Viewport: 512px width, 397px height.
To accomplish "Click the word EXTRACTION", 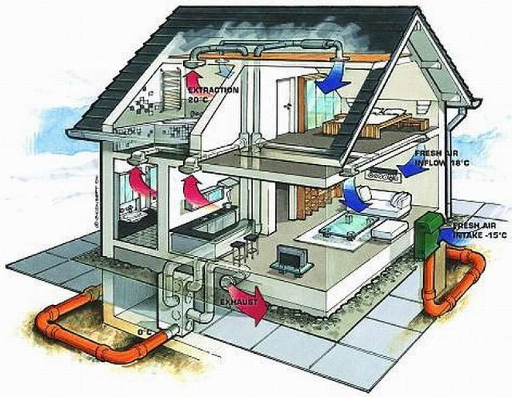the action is click(x=213, y=90).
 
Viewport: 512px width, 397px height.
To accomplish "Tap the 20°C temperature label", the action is click(x=198, y=99).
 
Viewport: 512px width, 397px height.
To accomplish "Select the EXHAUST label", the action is click(x=239, y=302).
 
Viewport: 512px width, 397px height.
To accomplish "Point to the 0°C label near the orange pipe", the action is click(x=144, y=332).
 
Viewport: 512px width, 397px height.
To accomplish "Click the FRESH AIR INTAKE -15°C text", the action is click(x=480, y=230).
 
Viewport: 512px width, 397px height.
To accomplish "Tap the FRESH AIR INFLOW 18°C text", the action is click(x=442, y=158).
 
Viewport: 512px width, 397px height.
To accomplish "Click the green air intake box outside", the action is click(x=428, y=233).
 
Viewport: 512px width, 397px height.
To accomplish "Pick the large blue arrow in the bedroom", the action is click(x=331, y=77).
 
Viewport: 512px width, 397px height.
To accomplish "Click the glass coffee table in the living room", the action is click(x=348, y=226).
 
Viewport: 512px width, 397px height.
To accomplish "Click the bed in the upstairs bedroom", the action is click(x=376, y=122).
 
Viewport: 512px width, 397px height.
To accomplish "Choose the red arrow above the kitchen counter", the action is click(x=196, y=191).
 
